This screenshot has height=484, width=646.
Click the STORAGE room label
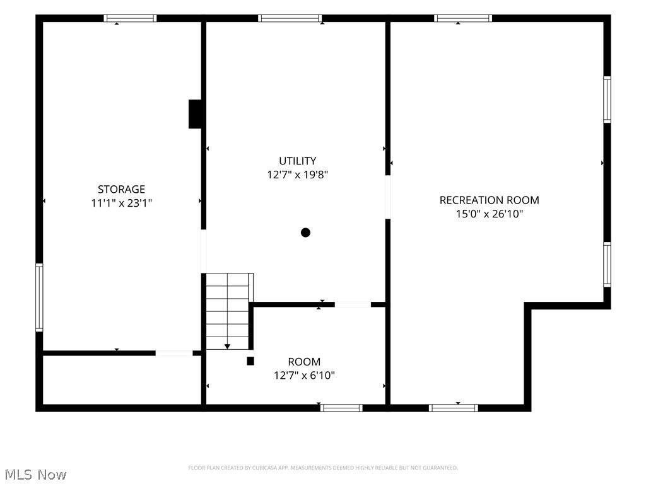121,189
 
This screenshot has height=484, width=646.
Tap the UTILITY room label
298,161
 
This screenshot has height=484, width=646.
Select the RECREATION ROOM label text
489,200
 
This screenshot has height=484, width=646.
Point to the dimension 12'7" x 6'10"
304,376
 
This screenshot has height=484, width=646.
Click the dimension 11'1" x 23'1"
122,203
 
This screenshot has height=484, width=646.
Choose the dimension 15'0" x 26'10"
490,214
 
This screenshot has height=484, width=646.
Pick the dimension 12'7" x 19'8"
298,175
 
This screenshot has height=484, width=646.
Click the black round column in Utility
305,233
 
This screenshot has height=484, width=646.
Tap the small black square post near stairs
250,361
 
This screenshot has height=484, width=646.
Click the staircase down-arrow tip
227,349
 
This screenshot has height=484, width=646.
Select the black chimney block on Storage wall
195,114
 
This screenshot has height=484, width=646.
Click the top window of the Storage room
130,18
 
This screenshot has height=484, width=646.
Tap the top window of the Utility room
290,18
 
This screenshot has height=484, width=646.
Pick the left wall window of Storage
39,297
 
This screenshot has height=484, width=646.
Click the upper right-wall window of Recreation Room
608,100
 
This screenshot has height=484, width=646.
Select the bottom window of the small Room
341,408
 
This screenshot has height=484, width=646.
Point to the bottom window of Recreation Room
454,408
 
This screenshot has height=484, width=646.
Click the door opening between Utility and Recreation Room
388,197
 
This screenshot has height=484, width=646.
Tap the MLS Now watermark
35,475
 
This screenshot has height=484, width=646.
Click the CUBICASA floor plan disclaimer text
323,468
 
